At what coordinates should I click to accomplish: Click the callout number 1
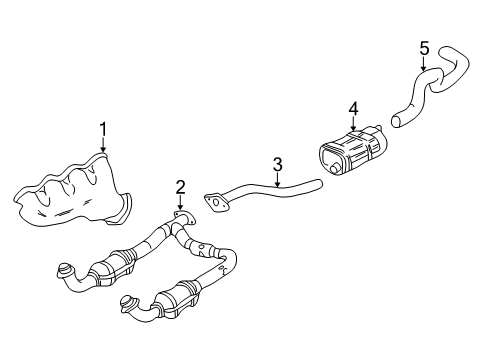coord(102,127)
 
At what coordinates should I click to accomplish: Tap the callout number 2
coord(180,185)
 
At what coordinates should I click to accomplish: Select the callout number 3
coord(278,163)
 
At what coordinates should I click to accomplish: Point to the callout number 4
coord(352,108)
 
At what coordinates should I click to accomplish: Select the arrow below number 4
coord(352,124)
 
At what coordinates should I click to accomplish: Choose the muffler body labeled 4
coord(350,154)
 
